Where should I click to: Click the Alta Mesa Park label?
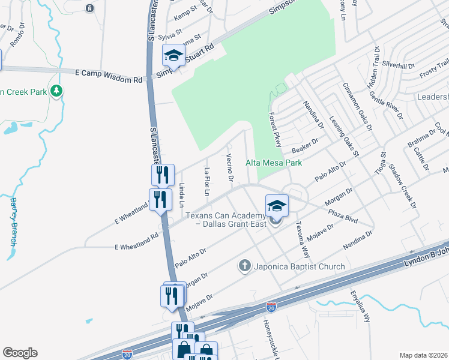point(273,163)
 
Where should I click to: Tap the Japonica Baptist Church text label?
point(298,266)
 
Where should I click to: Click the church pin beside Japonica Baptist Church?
point(244,265)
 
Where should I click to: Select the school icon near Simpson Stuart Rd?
point(173,56)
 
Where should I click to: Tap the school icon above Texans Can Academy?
point(277,205)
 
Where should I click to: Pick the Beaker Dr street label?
point(304,145)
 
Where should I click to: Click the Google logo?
point(20,353)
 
